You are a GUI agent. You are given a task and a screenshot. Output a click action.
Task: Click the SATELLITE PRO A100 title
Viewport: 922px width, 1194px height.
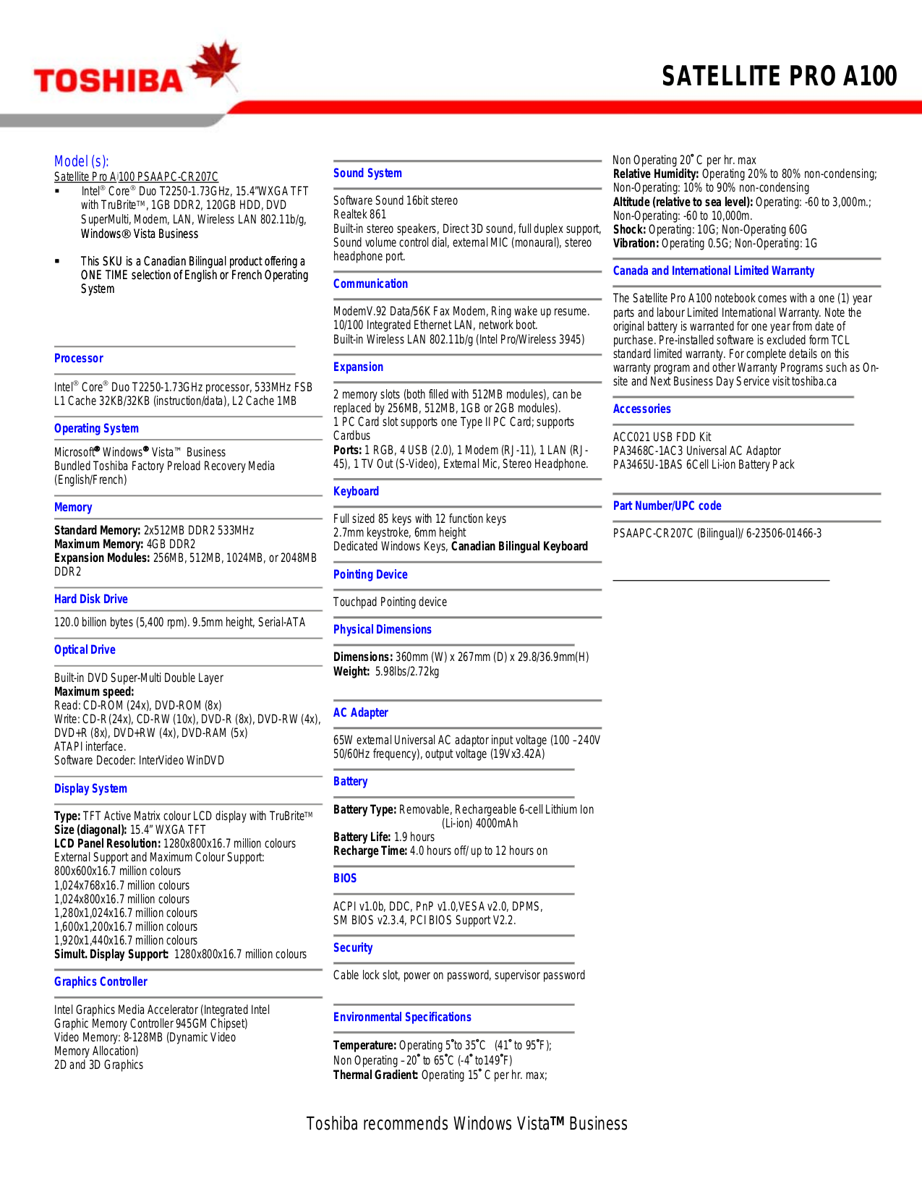click(x=779, y=76)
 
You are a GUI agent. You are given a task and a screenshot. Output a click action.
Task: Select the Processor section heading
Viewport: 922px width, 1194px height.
click(x=79, y=358)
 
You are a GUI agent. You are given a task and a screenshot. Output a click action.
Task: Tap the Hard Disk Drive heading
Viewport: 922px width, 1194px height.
click(x=91, y=599)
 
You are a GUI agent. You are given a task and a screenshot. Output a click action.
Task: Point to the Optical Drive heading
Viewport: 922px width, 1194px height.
click(x=85, y=649)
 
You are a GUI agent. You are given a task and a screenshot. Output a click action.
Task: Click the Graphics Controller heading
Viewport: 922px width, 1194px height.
click(x=101, y=981)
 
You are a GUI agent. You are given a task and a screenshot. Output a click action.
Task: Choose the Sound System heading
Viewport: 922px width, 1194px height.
click(x=367, y=173)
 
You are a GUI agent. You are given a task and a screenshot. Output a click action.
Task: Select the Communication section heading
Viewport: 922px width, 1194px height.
click(x=370, y=283)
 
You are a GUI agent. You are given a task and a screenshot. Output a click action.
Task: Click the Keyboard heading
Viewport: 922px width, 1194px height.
click(x=356, y=491)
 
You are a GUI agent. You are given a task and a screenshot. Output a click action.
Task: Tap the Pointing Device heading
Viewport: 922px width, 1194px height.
click(x=370, y=574)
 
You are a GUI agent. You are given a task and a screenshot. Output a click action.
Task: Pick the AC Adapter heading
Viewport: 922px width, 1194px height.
click(x=361, y=712)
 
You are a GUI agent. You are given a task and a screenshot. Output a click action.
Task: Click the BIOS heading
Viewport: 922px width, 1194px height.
click(x=345, y=878)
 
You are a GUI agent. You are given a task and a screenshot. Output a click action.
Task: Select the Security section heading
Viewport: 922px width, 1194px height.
click(x=353, y=947)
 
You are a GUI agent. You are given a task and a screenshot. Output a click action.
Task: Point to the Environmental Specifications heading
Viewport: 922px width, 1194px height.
click(x=402, y=1017)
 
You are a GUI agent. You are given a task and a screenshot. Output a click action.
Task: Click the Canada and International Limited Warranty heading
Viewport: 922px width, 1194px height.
click(x=714, y=270)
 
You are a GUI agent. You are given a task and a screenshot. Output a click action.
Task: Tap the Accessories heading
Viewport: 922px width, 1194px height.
click(x=642, y=409)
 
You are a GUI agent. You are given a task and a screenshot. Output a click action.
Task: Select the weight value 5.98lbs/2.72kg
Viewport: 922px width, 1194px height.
click(x=407, y=671)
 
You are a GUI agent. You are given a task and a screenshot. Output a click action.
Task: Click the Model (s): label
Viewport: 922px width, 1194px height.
click(x=82, y=161)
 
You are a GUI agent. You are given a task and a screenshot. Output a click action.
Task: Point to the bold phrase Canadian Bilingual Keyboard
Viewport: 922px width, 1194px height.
click(x=519, y=546)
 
